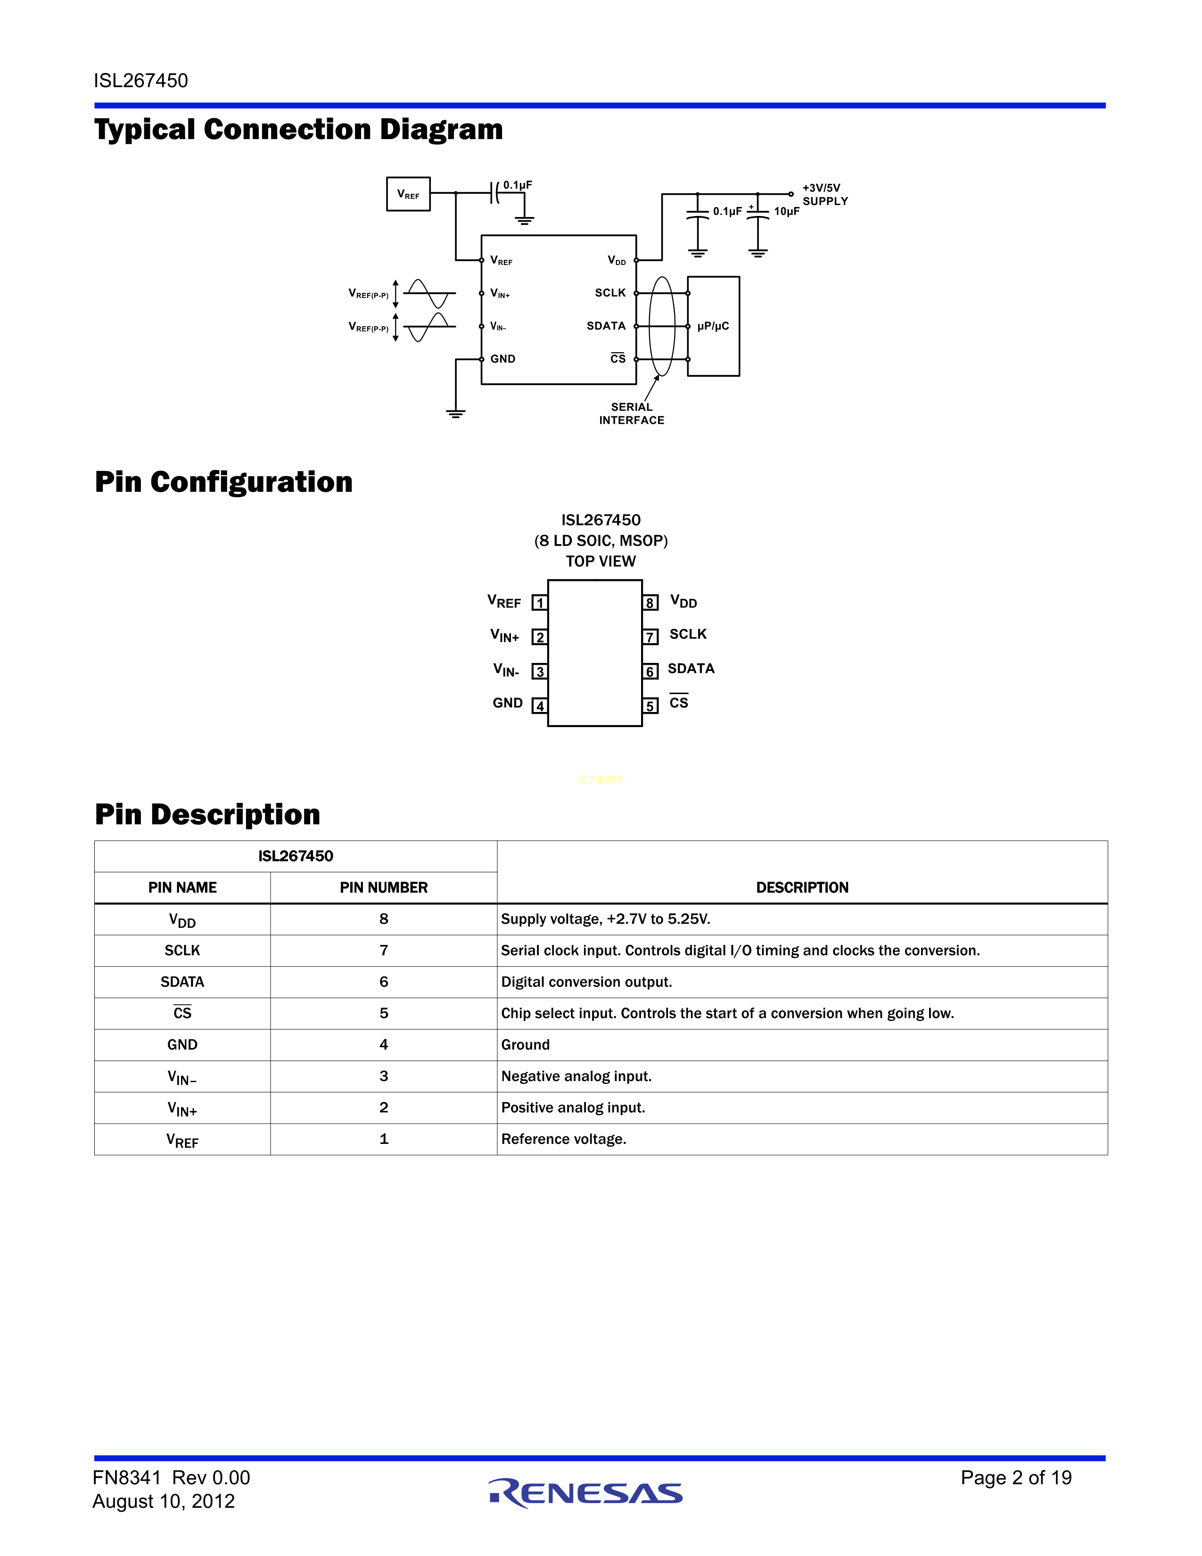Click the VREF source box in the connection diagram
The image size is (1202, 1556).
pos(408,194)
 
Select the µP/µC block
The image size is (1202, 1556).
pos(714,326)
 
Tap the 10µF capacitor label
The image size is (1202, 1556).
pos(786,212)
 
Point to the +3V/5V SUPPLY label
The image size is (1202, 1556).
pos(824,194)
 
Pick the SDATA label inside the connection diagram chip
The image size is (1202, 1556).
pos(606,326)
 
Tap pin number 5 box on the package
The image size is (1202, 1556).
pos(650,706)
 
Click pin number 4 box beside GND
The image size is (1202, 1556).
pos(540,706)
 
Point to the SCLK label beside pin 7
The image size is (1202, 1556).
pos(688,634)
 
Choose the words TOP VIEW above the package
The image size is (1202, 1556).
pos(600,562)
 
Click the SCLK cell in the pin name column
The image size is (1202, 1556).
pos(182,951)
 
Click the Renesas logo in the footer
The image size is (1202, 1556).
pos(585,1493)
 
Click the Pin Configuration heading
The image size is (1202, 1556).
pos(223,482)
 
